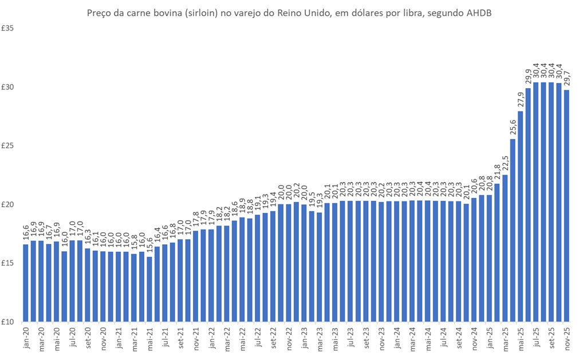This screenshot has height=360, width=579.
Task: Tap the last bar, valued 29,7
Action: (566, 206)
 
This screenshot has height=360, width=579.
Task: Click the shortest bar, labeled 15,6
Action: (149, 289)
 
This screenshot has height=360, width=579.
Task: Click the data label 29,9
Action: (528, 76)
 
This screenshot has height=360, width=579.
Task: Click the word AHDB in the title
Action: (479, 13)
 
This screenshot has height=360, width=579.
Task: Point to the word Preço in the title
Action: (99, 13)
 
